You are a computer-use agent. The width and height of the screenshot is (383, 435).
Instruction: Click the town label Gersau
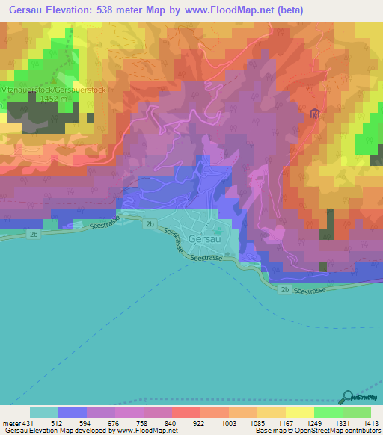point(203,238)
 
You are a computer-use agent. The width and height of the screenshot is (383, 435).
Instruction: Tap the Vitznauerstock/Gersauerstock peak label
point(42,89)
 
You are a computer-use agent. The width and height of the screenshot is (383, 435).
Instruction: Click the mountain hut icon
point(314,114)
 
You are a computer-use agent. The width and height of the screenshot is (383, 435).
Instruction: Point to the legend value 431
point(28,422)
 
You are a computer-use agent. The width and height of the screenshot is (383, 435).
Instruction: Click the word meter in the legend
point(10,422)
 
